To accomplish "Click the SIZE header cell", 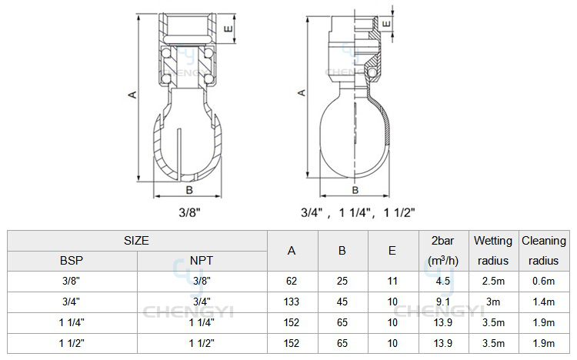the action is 136,241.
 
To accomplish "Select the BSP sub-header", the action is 72,261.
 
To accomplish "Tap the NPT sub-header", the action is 202,261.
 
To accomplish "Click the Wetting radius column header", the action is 493,251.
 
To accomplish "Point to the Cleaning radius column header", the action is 544,251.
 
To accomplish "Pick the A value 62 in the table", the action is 292,282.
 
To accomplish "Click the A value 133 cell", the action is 292,302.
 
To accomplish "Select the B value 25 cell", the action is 342,282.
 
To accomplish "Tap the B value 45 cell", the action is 342,302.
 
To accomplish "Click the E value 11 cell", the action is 392,282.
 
